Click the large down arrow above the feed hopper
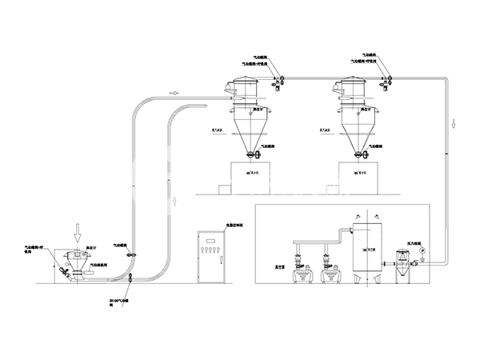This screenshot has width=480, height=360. click(x=77, y=232)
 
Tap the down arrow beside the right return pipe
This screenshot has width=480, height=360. click(x=454, y=125)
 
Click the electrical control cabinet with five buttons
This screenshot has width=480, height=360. click(x=214, y=258)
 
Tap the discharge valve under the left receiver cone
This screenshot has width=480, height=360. click(x=250, y=154)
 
